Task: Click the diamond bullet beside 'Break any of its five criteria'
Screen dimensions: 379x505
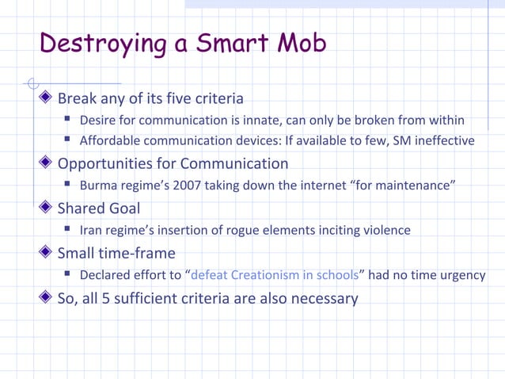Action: (46, 99)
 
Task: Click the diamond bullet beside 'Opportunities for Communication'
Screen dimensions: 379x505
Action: (46, 164)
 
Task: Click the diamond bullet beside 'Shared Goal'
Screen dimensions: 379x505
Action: (46, 209)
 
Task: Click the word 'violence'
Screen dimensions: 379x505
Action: (385, 231)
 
